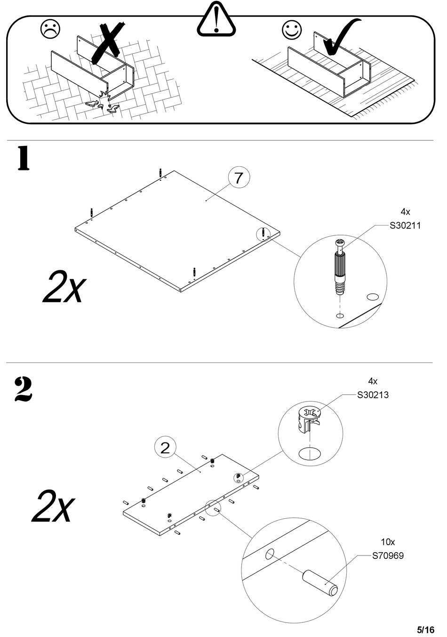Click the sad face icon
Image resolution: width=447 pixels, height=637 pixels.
(x=50, y=29)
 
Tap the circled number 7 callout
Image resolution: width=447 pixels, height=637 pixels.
(x=239, y=178)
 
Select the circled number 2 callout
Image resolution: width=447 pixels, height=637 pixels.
(x=165, y=447)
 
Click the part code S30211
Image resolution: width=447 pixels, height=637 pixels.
(x=405, y=226)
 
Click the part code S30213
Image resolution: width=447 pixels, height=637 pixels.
(x=373, y=395)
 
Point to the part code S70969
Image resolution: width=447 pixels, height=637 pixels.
(x=388, y=556)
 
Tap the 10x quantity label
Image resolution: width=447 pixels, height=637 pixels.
(x=388, y=542)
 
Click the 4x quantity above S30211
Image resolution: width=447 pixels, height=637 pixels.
(x=405, y=212)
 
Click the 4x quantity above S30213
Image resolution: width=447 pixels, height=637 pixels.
(x=373, y=381)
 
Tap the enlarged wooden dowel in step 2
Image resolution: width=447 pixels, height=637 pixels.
(x=320, y=583)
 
